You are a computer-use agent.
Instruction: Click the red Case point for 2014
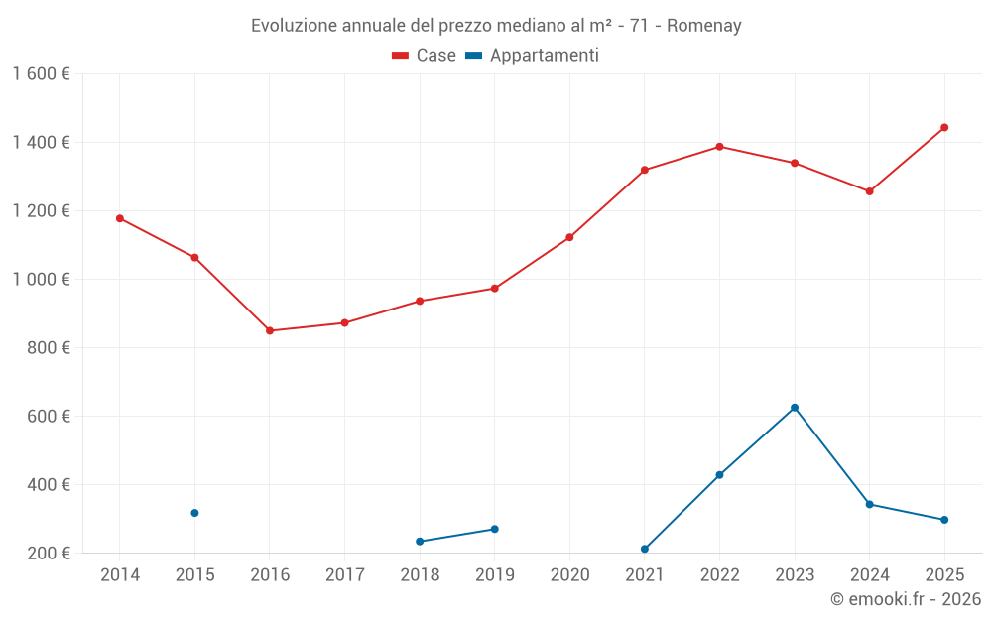click(120, 218)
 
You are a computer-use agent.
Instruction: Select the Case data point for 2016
click(270, 330)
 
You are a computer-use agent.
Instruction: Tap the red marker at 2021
click(645, 170)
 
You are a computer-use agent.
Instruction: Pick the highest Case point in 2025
click(944, 127)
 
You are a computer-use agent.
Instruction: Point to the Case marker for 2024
click(869, 191)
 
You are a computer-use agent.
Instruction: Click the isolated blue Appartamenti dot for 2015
click(194, 513)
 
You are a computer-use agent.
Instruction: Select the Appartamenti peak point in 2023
click(795, 408)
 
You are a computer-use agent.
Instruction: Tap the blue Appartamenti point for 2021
click(645, 549)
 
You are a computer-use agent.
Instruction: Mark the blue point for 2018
click(420, 541)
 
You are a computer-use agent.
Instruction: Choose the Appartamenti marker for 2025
click(944, 520)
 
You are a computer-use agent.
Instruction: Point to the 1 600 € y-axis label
click(42, 74)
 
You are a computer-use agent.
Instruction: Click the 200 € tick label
click(47, 553)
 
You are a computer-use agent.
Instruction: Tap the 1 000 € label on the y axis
click(42, 279)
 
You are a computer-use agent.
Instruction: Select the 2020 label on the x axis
click(569, 575)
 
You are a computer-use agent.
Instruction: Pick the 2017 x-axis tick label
click(344, 575)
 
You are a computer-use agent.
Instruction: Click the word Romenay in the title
click(703, 26)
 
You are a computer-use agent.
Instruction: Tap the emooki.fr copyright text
click(905, 599)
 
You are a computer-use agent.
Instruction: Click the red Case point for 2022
click(719, 147)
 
